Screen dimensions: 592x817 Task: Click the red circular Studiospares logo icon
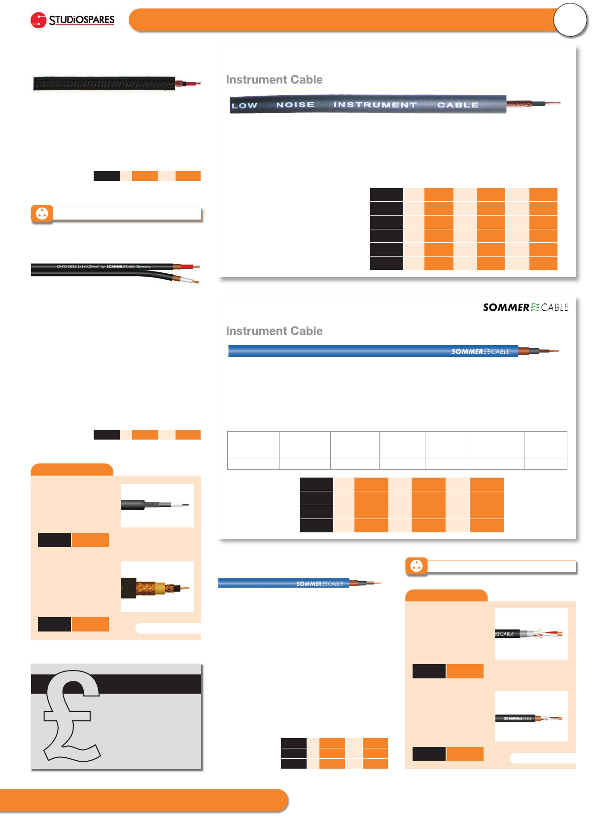coord(38,20)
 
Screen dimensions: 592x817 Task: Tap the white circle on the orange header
coord(570,20)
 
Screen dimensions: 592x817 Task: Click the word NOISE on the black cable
coord(295,105)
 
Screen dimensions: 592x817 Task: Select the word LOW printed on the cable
coord(244,105)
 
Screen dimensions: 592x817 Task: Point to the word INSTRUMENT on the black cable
coord(375,105)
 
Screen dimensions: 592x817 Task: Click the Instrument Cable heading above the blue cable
coord(274,331)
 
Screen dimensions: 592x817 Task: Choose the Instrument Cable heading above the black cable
coord(274,80)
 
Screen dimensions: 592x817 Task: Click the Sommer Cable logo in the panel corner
coord(525,307)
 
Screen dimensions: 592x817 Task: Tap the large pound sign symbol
coord(71,715)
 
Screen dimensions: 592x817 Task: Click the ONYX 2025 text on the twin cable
coord(67,266)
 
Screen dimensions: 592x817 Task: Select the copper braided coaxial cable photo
coord(157,587)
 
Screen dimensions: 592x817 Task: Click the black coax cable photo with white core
coord(157,505)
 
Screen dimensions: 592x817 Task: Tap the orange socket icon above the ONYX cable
coord(42,214)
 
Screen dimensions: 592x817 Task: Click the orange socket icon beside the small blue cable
coord(417,566)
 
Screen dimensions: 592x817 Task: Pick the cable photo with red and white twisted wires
coord(531,634)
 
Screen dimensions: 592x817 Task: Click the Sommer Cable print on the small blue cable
coord(319,584)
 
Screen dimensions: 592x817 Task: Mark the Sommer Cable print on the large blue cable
coord(481,351)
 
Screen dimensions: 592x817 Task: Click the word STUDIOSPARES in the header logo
coord(81,20)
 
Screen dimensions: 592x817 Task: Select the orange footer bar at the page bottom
coord(143,800)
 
